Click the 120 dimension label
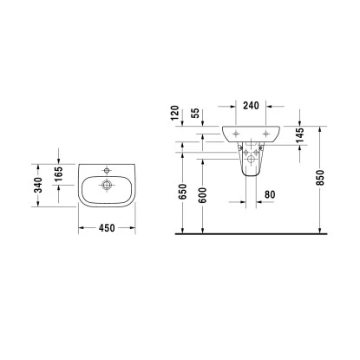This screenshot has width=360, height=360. (174, 113)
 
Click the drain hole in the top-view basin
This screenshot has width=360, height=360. (107, 184)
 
